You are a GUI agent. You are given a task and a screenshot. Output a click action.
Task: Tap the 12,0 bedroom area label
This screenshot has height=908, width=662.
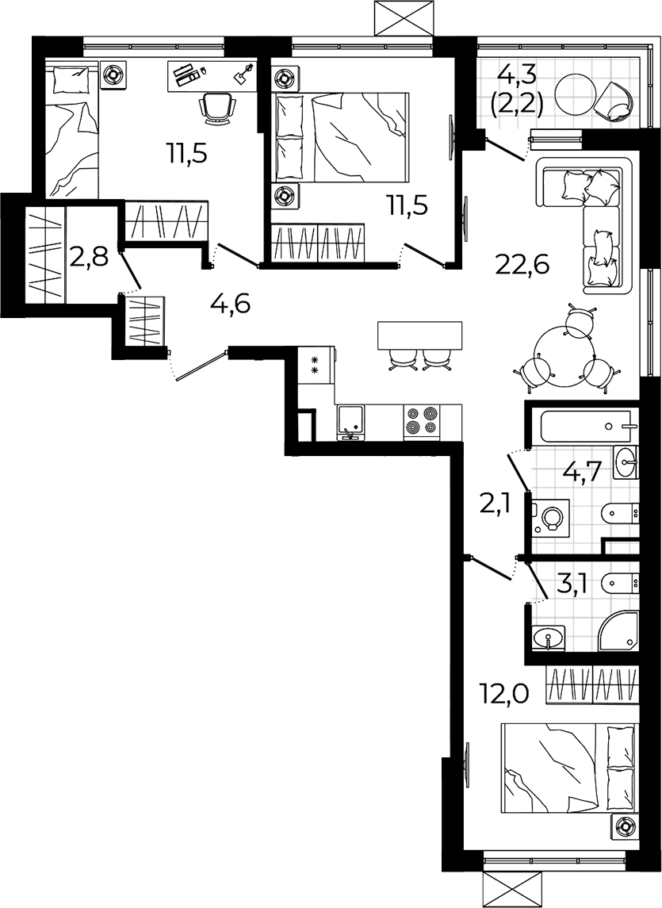504,692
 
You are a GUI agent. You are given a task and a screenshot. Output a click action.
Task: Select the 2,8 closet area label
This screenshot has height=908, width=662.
89,255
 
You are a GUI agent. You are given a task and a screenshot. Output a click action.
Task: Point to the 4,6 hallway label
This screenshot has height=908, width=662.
231,304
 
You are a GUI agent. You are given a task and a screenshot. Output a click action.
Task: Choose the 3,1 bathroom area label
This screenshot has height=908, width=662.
573,585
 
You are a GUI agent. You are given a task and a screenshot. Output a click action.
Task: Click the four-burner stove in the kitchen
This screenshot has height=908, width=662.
422,421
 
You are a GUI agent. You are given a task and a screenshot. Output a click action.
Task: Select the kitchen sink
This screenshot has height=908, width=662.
350,423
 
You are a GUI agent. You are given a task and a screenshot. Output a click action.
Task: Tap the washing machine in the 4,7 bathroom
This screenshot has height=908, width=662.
551,516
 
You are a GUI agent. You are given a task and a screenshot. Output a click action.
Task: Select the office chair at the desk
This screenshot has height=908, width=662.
217,109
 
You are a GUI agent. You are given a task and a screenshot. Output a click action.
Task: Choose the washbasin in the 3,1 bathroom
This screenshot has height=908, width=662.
548,638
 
